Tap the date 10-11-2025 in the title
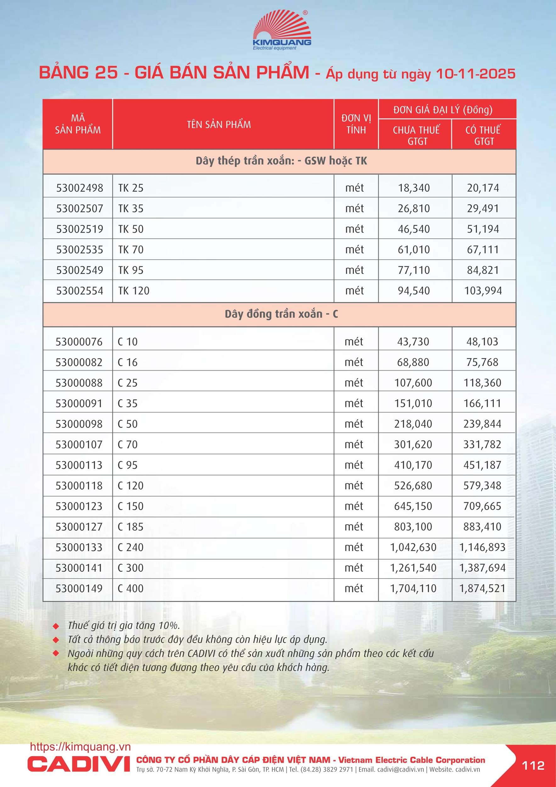pos(475,74)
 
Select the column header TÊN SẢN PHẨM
pos(219,124)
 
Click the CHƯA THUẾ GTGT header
pos(416,135)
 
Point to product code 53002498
pos(80,188)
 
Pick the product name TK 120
pos(134,291)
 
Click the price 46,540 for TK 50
pos(413,229)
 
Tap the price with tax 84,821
pos(483,270)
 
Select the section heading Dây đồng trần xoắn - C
pos(281,314)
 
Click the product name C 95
pos(127,465)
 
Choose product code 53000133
pos(79,547)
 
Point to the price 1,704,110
pos(413,588)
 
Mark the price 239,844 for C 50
pos(482,424)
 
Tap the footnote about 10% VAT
pos(124,625)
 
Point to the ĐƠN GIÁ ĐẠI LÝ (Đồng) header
pos(443,110)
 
